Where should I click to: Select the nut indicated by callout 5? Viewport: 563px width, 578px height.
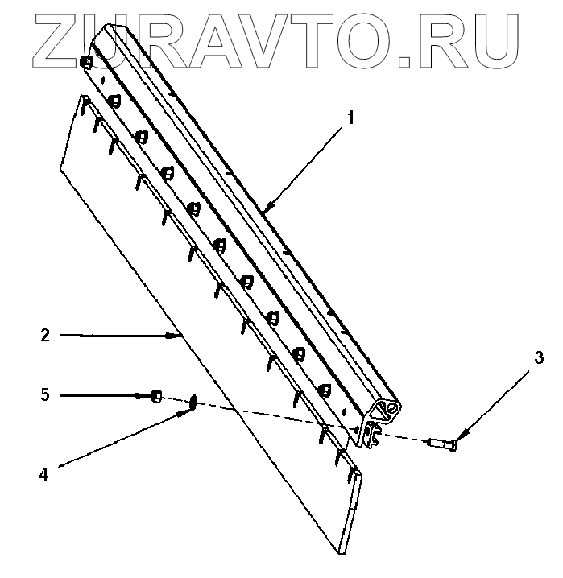click(x=158, y=395)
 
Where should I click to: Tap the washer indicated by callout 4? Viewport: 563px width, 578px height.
click(x=193, y=402)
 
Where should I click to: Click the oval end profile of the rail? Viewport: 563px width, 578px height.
click(x=389, y=408)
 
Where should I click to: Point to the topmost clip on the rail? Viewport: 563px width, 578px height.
click(x=87, y=61)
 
